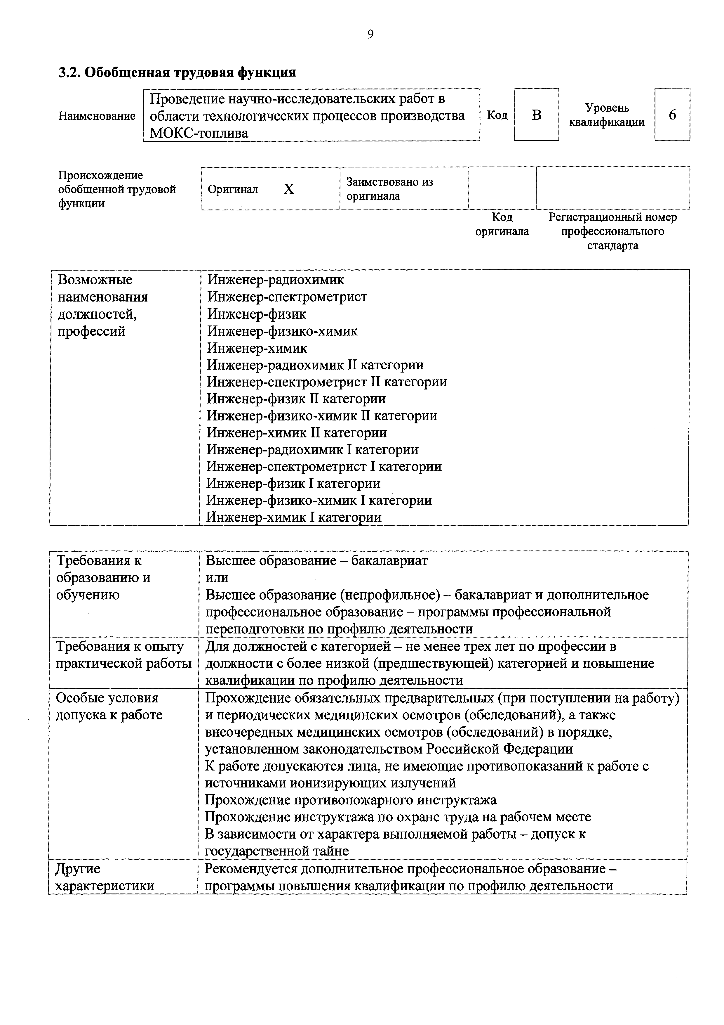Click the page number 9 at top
coord(370,34)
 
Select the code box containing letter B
coord(536,115)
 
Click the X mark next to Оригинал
coord(289,189)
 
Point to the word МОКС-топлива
coord(199,133)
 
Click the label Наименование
coord(97,116)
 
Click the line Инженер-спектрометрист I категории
coord(324,467)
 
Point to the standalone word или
coord(217,578)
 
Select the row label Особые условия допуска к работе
coord(109,706)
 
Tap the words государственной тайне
coord(276,851)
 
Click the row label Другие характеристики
coord(105,877)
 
